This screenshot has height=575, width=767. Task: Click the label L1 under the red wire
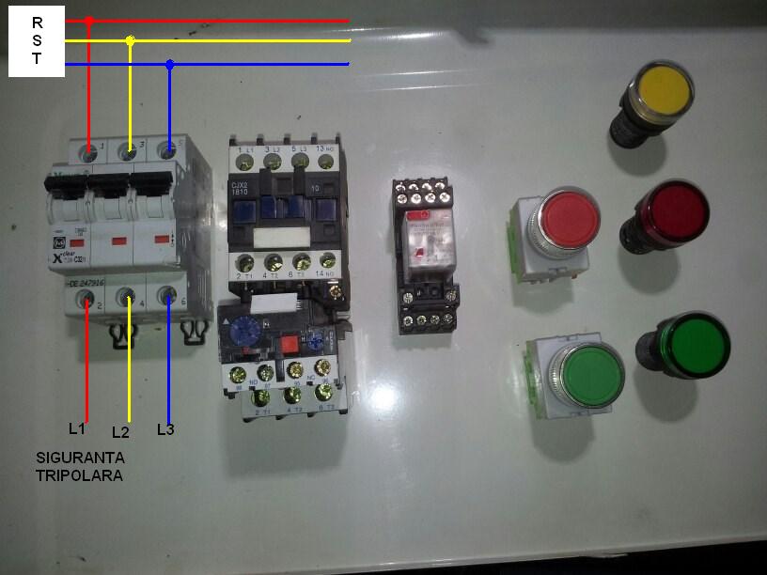pyautogui.click(x=77, y=428)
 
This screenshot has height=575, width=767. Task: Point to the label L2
pyautogui.click(x=119, y=432)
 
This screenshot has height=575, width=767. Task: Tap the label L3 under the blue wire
pyautogui.click(x=165, y=429)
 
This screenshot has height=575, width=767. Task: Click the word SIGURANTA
pyautogui.click(x=80, y=458)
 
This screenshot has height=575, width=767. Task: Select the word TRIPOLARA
pyautogui.click(x=79, y=475)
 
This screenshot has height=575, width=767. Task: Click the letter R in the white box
pyautogui.click(x=37, y=22)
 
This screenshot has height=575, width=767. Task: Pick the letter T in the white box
pyautogui.click(x=37, y=57)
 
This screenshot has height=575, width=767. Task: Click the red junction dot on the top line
pyautogui.click(x=88, y=21)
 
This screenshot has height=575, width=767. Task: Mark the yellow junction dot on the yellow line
pyautogui.click(x=130, y=42)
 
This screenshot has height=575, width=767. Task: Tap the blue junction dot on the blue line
pyautogui.click(x=169, y=65)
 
